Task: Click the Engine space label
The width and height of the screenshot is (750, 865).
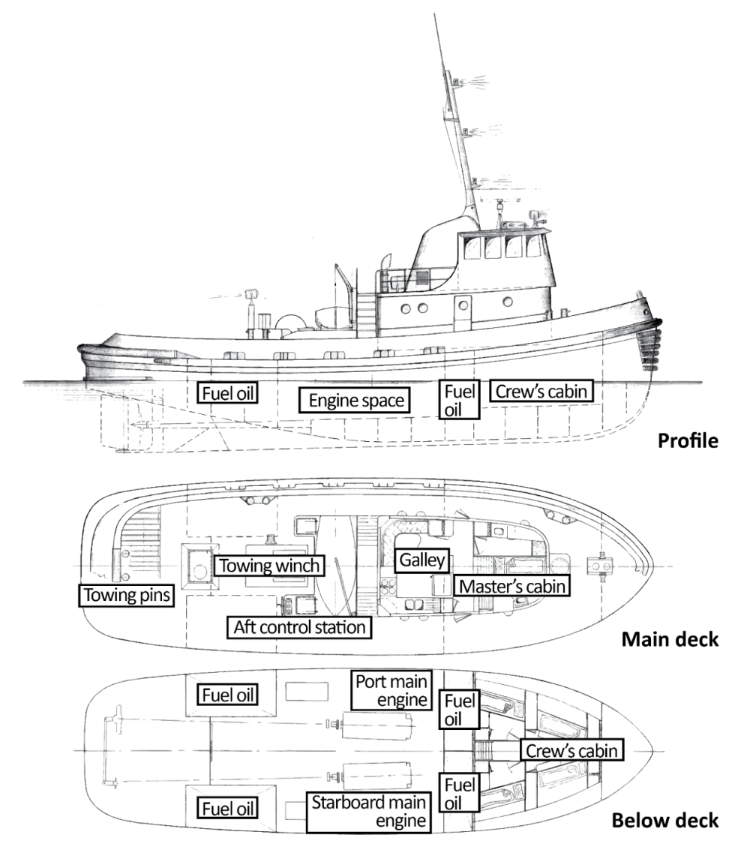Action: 356,401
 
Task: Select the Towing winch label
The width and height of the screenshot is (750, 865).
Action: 270,565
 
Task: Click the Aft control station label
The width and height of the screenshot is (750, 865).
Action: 299,626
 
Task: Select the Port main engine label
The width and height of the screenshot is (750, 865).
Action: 392,690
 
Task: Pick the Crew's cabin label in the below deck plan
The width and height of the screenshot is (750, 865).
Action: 572,750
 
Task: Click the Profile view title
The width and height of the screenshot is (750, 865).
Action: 687,440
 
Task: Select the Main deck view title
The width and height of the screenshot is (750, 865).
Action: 670,639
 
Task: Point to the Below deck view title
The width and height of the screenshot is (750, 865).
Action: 664,820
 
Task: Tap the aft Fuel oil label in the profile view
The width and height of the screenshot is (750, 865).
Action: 228,392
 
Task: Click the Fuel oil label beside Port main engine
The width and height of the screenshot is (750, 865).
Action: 460,710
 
